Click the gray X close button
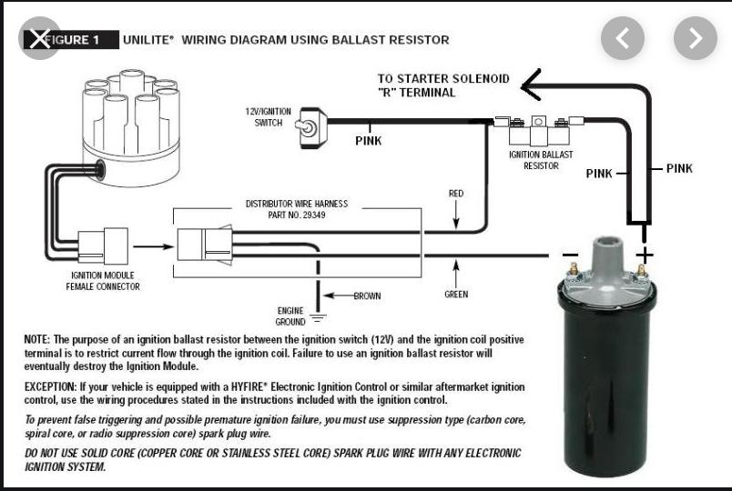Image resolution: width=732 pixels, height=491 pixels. pyautogui.click(x=37, y=38)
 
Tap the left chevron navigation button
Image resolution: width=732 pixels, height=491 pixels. pyautogui.click(x=623, y=38)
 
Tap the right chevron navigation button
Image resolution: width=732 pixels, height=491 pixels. pyautogui.click(x=695, y=38)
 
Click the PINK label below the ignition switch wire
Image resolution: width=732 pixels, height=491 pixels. pyautogui.click(x=368, y=141)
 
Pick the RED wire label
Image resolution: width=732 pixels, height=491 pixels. pyautogui.click(x=456, y=194)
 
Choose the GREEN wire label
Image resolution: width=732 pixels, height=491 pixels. pyautogui.click(x=456, y=295)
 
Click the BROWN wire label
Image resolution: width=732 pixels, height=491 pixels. pyautogui.click(x=367, y=296)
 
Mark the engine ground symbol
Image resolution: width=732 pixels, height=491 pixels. pyautogui.click(x=318, y=317)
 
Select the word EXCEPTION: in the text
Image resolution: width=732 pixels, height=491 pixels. pyautogui.click(x=52, y=386)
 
